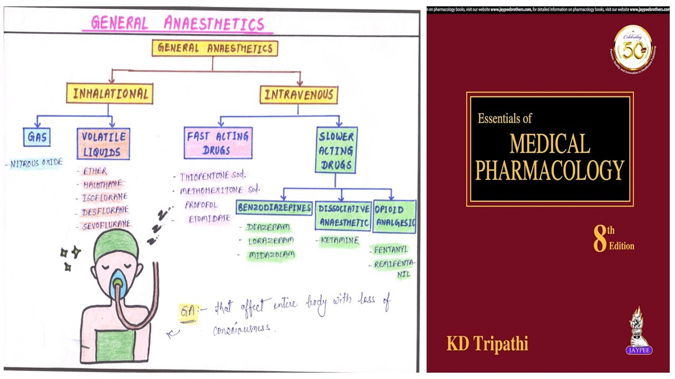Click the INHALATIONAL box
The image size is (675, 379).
point(110,94)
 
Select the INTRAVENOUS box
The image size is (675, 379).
point(298,95)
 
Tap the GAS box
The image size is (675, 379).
point(37,137)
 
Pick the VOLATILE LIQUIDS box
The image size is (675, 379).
point(103,144)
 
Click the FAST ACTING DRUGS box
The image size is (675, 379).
point(218,143)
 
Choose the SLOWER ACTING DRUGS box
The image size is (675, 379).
point(336,150)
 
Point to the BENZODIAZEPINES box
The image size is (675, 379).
point(274,207)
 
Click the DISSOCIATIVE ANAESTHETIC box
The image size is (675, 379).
point(343,215)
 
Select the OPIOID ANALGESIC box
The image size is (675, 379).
point(394,216)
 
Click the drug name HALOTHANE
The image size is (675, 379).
point(102,184)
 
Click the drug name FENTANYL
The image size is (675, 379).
point(391,250)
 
